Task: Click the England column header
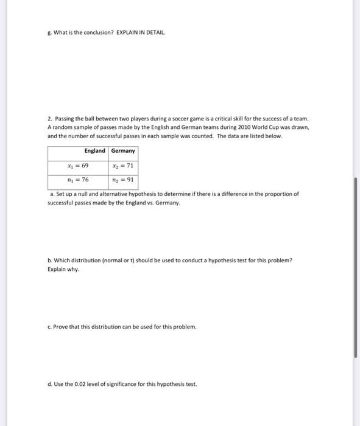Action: point(94,150)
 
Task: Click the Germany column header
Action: point(123,150)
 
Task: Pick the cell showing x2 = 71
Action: point(123,166)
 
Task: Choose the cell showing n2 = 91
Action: point(123,180)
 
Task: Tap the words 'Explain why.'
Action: point(63,268)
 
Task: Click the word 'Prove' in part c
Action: point(61,326)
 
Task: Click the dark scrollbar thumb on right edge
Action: point(355,268)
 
